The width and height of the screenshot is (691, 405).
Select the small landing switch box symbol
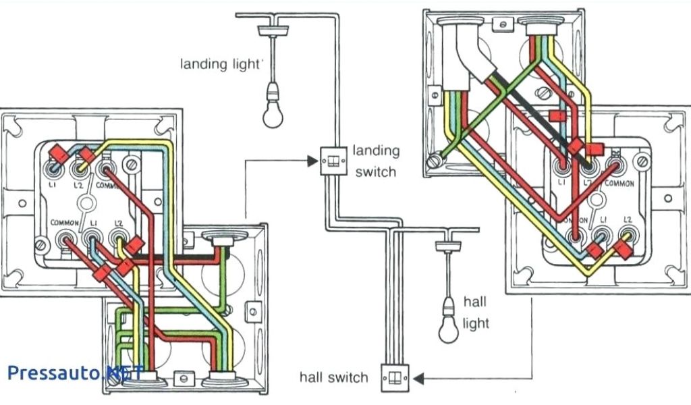pyautogui.click(x=332, y=161)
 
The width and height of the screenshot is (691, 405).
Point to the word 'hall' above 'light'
pyautogui.click(x=474, y=302)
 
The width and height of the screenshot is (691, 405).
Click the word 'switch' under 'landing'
pyautogui.click(x=375, y=171)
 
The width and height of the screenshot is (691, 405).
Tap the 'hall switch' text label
pyautogui.click(x=334, y=377)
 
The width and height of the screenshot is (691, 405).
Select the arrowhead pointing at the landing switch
pyautogui.click(x=311, y=161)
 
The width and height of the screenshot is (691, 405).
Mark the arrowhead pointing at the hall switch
pyautogui.click(x=416, y=378)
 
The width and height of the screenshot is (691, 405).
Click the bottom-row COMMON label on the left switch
pyautogui.click(x=65, y=222)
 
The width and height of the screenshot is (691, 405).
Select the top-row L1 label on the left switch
pyautogui.click(x=53, y=184)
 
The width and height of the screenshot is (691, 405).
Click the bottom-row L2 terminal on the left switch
pyautogui.click(x=118, y=237)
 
